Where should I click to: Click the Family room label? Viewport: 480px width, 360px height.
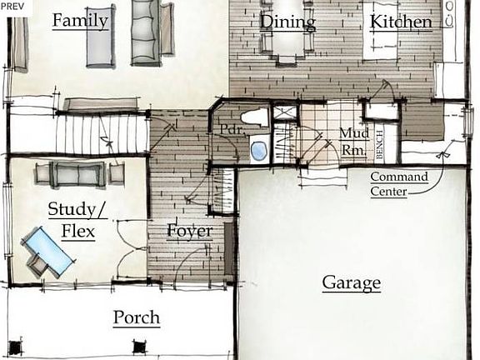pos(81,21)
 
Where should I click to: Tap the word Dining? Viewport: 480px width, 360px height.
pos(287,22)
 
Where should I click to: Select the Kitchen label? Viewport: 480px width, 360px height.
pos(402,22)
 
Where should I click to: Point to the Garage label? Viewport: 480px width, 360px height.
pos(352,282)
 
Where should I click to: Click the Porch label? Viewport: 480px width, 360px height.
pos(137,317)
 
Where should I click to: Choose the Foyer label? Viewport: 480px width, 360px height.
pos(189,231)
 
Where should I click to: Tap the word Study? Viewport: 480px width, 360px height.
pos(69,208)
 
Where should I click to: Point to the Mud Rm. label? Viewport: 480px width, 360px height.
pos(356,141)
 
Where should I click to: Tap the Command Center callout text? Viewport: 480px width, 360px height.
pos(399,184)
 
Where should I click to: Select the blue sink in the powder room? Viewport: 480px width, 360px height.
pos(258,152)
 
